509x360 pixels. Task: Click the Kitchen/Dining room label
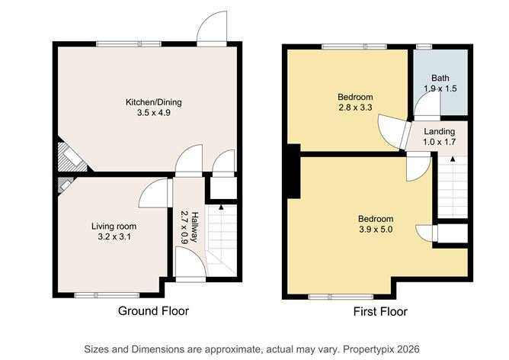tap(154, 102)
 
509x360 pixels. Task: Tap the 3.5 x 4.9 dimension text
tap(154, 113)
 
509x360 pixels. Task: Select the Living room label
tap(114, 226)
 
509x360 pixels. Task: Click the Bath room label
tap(440, 78)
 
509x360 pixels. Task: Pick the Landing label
tap(440, 132)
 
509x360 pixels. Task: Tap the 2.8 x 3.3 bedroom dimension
tap(355, 108)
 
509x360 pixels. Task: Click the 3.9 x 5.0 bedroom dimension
tap(376, 230)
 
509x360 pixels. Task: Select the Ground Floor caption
tap(153, 311)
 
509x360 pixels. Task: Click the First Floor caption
tap(380, 312)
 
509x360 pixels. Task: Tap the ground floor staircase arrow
tap(221, 207)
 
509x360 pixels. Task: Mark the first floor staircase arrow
tap(452, 159)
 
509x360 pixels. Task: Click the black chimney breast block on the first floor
tap(292, 171)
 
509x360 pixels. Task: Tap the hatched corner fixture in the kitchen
tap(72, 158)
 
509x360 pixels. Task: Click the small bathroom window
tap(421, 47)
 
